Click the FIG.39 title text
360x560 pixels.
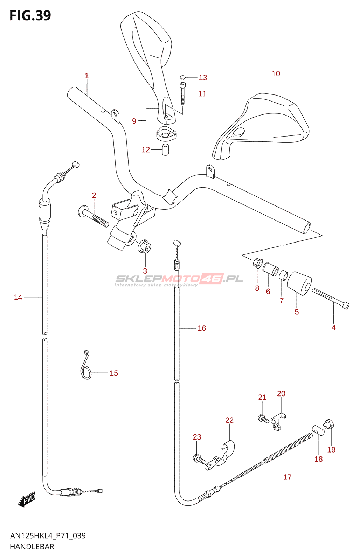(x=30, y=15)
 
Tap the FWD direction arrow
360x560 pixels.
(x=27, y=499)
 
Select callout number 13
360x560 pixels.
(x=203, y=77)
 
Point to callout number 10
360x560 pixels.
(x=276, y=74)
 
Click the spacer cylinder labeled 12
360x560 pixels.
(x=165, y=149)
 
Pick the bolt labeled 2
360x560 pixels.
(x=93, y=216)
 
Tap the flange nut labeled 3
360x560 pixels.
(x=145, y=246)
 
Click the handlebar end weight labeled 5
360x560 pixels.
(x=299, y=283)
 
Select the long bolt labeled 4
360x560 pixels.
(x=331, y=299)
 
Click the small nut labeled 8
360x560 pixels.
(x=257, y=263)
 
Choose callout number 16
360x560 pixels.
(x=202, y=328)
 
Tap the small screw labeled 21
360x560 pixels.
(x=263, y=419)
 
